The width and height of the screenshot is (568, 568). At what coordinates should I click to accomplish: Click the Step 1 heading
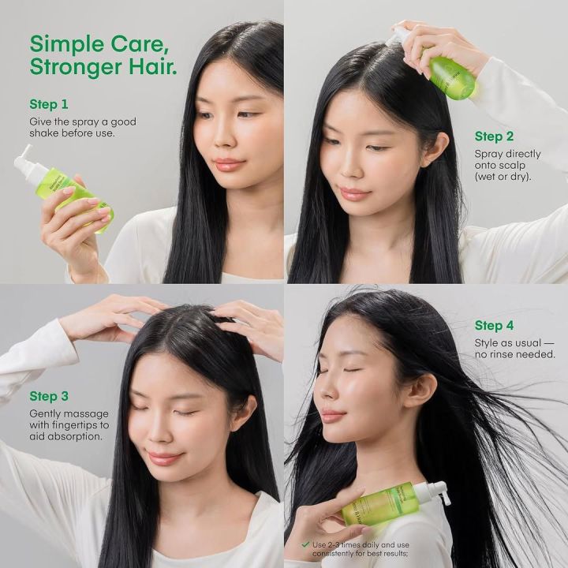pyautogui.click(x=49, y=104)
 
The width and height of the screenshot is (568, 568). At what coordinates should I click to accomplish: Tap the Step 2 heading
pyautogui.click(x=495, y=136)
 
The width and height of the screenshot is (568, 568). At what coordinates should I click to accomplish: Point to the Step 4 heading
pyautogui.click(x=495, y=325)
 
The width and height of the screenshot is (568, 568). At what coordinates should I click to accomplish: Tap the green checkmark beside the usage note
pyautogui.click(x=305, y=544)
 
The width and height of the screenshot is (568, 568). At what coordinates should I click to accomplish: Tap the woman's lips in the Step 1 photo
pyautogui.click(x=230, y=164)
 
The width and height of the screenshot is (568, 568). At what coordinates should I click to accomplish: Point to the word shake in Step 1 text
pyautogui.click(x=44, y=133)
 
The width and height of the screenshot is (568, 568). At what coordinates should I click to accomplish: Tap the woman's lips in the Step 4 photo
pyautogui.click(x=331, y=416)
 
